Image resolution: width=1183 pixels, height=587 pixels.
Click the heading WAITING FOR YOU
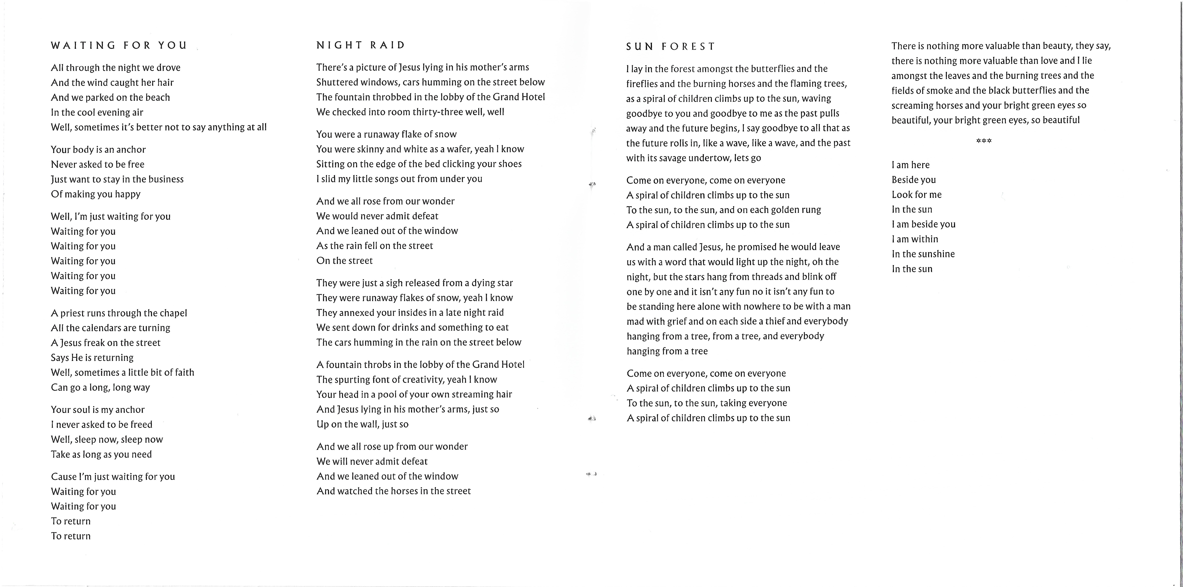click(x=119, y=45)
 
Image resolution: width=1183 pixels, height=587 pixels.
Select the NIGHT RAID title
click(x=361, y=45)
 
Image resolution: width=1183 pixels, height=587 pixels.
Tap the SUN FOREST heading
click(x=670, y=46)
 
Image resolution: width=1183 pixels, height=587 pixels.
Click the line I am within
click(x=915, y=239)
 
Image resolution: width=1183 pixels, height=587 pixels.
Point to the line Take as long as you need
click(x=101, y=454)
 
